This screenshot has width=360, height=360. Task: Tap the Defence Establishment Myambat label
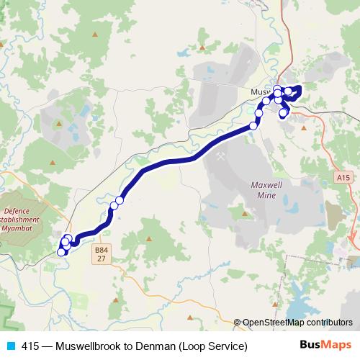pos(27,215)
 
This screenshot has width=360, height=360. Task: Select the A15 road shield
pos(343,176)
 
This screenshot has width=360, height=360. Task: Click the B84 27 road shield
pos(100,253)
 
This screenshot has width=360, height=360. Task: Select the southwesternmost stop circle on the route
pos(61,252)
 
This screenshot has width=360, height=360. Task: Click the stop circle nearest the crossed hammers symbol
pos(253,126)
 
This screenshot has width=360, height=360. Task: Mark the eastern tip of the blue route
pos(299,89)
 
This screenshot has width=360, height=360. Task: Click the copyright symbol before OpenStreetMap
pos(238,323)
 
